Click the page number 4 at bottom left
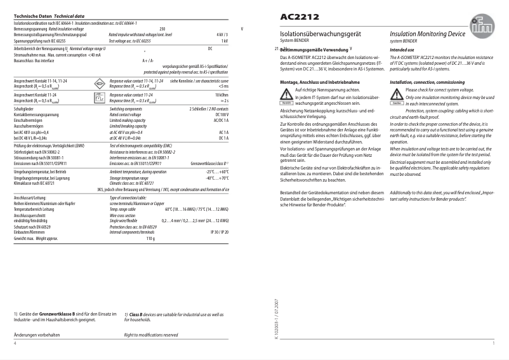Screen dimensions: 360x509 point(15,342)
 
